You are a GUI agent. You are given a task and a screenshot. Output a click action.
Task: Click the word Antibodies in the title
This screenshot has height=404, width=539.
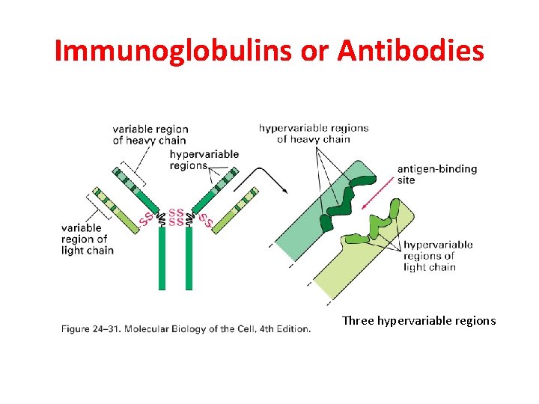pos(410,51)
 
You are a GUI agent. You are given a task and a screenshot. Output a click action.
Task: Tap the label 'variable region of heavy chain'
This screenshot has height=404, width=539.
pos(150,135)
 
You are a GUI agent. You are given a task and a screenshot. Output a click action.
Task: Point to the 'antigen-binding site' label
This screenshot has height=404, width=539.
pos(437,174)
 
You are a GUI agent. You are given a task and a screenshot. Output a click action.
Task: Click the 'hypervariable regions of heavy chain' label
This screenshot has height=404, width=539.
pos(314,133)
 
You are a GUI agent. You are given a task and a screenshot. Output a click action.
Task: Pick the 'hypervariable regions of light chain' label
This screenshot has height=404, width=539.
pos(438,256)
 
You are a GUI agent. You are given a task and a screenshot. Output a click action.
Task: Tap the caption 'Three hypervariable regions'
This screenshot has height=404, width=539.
pos(418,321)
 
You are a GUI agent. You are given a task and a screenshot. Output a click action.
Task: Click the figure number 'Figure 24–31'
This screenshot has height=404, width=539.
pos(88,328)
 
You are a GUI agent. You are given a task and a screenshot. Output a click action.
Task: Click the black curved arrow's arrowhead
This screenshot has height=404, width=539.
pos(285,191)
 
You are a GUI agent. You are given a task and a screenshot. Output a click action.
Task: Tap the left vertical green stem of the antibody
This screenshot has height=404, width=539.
pos(162,258)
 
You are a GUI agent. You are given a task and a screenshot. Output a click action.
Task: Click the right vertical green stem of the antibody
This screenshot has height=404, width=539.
pos(189,258)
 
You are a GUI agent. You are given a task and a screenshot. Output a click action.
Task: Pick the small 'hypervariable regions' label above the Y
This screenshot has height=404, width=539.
pos(204,160)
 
